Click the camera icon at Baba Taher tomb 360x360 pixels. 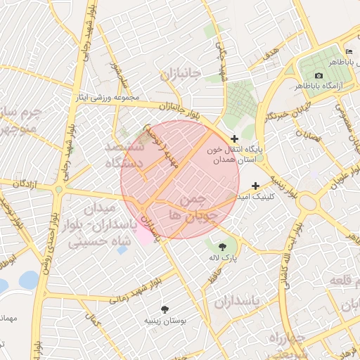pos(319,75)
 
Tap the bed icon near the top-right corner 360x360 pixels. pos(349,53)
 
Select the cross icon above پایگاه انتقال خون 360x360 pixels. pos(234,139)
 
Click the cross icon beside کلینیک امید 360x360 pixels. pos(255,185)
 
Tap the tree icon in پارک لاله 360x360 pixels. pos(223,246)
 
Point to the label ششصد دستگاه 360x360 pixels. pos(124,155)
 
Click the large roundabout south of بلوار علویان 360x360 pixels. pos(307,203)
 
